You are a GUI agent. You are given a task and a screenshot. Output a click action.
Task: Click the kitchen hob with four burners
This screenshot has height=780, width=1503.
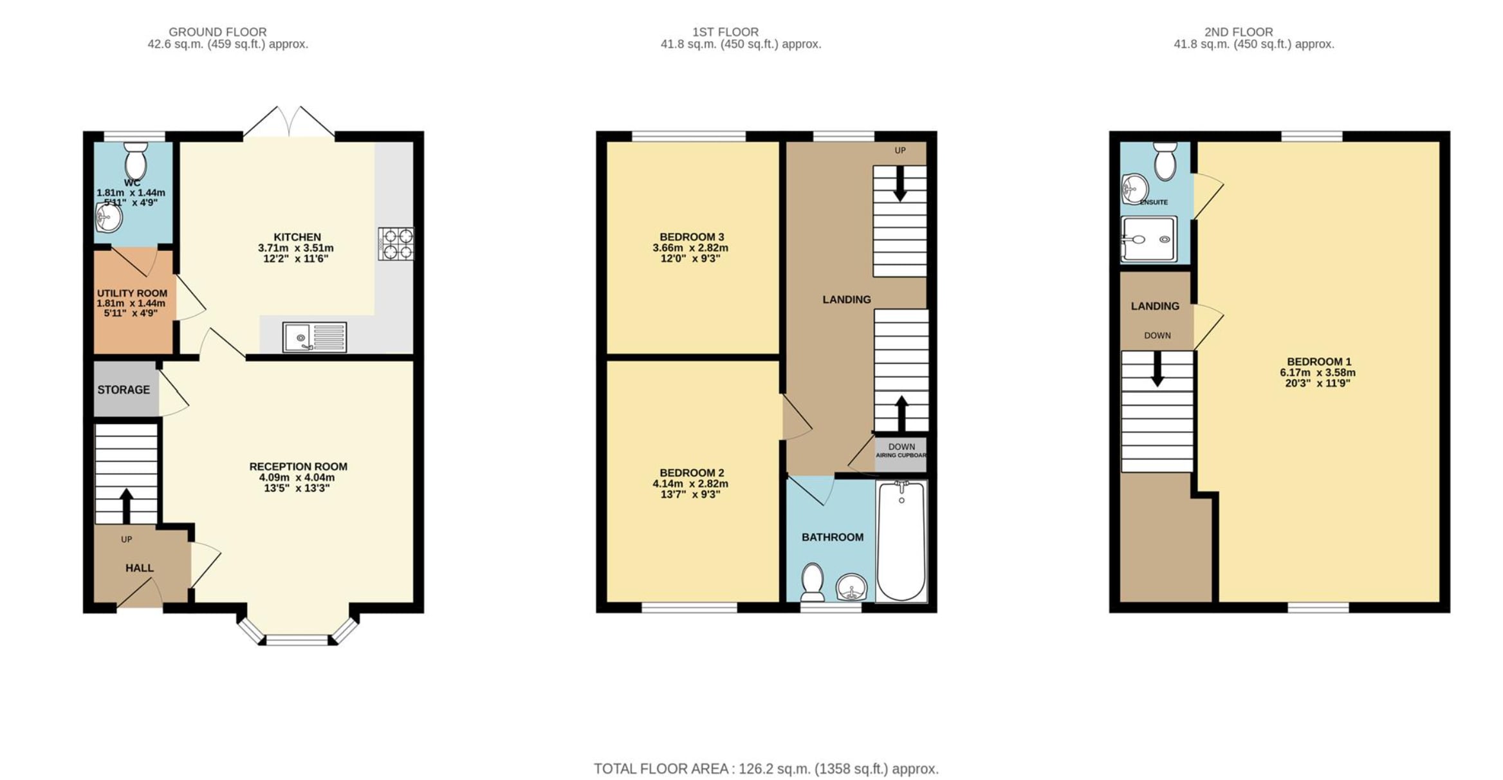(396, 244)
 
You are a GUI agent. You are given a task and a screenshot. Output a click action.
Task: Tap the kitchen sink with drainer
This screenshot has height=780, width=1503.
(315, 337)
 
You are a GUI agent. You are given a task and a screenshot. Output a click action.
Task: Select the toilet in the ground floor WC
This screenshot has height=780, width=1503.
(136, 160)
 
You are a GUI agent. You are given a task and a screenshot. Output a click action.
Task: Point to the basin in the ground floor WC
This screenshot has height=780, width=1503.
(109, 217)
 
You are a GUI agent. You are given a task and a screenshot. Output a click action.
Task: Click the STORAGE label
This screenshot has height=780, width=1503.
(124, 389)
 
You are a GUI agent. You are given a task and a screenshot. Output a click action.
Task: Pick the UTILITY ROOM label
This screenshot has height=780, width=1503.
(132, 293)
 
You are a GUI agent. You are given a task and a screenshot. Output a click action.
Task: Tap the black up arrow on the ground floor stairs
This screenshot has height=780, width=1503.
(126, 506)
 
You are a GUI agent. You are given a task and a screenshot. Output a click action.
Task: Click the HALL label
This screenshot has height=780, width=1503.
(140, 568)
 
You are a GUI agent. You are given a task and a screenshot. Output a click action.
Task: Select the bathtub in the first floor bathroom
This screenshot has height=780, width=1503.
(901, 541)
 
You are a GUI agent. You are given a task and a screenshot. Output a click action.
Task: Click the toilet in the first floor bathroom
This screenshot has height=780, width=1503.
(813, 582)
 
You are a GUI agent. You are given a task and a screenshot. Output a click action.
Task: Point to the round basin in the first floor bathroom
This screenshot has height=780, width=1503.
(852, 588)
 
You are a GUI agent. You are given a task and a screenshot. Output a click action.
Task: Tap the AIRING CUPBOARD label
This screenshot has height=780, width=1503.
(901, 455)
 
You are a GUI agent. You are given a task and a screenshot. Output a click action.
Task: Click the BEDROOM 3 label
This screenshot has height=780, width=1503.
(692, 237)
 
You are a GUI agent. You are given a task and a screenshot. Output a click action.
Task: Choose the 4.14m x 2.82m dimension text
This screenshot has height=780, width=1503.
(690, 484)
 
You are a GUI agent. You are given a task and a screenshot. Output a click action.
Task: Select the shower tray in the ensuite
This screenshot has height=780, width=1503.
(1149, 239)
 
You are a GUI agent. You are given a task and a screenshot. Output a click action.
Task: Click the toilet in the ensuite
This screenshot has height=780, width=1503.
(1165, 161)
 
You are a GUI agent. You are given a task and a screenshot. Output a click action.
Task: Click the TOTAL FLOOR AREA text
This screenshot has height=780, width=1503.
(766, 768)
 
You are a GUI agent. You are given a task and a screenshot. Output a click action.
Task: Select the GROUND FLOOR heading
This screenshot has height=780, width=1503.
(217, 32)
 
